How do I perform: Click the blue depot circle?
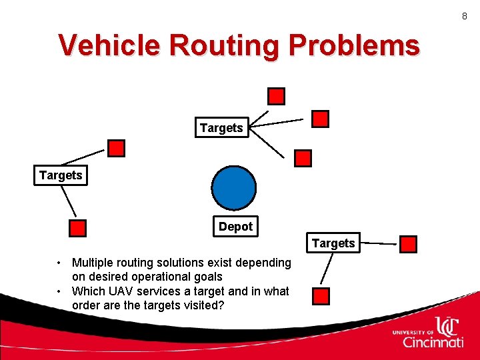233,187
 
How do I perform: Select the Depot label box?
235,227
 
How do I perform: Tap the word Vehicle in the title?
109,45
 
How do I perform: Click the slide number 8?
465,16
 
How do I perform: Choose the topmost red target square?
276,97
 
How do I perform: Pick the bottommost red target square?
322,296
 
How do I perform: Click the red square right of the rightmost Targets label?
408,245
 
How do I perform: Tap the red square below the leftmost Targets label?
78,229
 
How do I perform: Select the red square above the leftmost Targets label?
117,148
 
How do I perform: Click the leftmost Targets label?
61,176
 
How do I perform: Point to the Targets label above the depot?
221,128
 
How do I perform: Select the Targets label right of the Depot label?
333,243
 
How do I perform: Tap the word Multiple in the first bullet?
94,263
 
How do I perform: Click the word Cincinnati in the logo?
433,343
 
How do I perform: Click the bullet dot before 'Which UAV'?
60,291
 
